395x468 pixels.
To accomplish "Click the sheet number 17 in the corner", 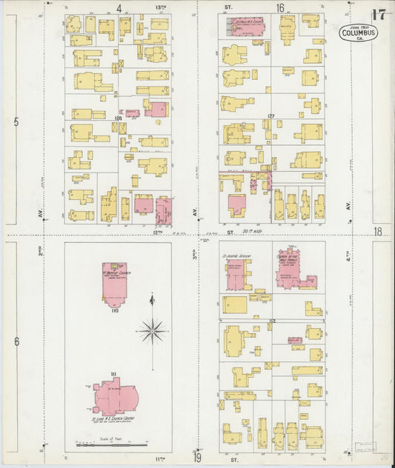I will [x=378, y=15].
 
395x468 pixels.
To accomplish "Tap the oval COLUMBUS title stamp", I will [x=359, y=33].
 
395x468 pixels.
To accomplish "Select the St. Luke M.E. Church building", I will [x=113, y=398].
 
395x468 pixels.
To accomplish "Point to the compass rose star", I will [x=152, y=330].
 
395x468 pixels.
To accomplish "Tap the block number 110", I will [x=114, y=311].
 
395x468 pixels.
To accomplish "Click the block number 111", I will [x=113, y=375].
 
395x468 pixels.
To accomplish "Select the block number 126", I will [x=117, y=118].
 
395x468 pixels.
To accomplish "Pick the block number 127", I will [x=271, y=116].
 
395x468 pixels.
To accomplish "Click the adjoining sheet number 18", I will [x=378, y=232].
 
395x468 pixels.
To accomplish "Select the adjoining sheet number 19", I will [x=197, y=458].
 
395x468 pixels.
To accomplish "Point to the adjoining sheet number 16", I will [x=280, y=8].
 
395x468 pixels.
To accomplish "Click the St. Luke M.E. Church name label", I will [x=113, y=420].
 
